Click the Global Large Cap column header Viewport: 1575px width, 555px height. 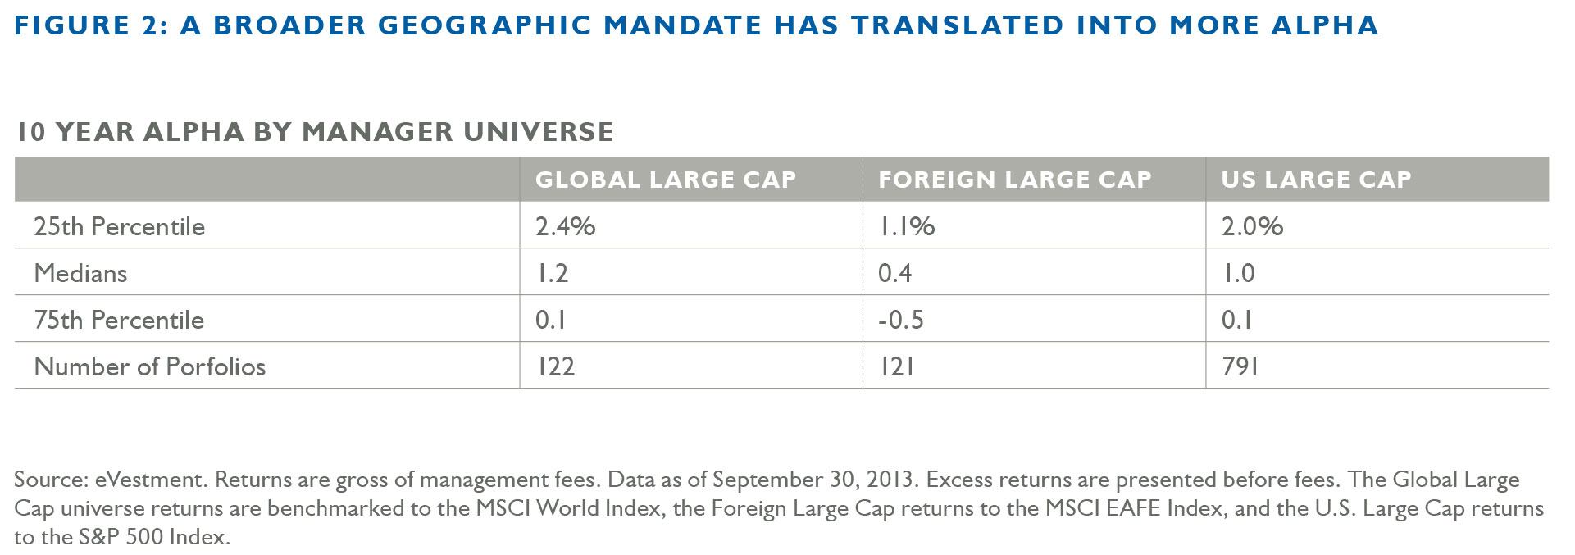[x=665, y=180]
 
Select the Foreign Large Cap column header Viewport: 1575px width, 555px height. [x=1014, y=180]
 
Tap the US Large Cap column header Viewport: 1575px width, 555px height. [x=1316, y=180]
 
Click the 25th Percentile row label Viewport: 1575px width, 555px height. [x=119, y=226]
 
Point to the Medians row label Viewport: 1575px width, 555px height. [x=80, y=273]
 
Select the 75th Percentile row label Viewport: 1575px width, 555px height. [x=119, y=320]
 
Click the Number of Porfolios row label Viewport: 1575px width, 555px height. [x=149, y=366]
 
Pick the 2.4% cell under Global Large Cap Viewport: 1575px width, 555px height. [x=565, y=226]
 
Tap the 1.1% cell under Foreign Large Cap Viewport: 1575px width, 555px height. [x=906, y=226]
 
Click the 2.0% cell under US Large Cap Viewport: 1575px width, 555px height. [x=1252, y=226]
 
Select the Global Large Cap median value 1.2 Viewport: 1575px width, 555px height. [x=552, y=273]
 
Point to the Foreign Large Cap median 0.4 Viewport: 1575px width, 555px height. [x=894, y=273]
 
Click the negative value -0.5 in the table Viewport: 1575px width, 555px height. [x=900, y=320]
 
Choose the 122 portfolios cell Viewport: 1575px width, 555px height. [x=555, y=366]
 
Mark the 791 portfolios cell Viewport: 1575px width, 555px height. [x=1240, y=366]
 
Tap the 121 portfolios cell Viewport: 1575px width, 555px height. [x=896, y=366]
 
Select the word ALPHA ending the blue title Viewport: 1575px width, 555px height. [x=1324, y=25]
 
